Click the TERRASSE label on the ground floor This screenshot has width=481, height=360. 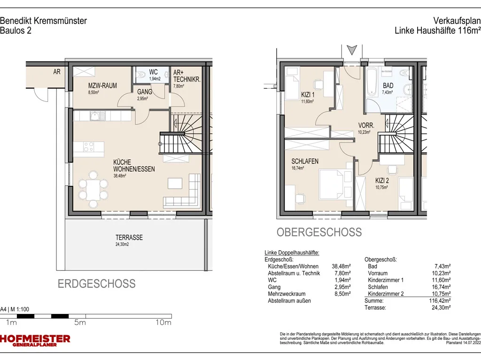click(129, 237)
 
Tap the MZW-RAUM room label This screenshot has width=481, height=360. click(102, 85)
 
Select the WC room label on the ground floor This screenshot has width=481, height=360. click(154, 72)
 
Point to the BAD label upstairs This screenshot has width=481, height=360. click(388, 85)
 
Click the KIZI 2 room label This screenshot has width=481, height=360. click(382, 181)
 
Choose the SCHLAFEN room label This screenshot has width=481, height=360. click(304, 161)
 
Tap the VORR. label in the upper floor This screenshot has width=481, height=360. click(366, 125)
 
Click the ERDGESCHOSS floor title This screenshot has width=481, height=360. click(97, 283)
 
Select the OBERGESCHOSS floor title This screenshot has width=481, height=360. click(319, 232)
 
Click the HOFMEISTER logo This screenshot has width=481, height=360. click(35, 340)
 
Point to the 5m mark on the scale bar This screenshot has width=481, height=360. click(80, 322)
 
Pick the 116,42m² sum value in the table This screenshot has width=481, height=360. click(440, 301)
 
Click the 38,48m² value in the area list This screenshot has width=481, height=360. click(341, 267)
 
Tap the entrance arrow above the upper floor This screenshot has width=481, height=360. click(352, 50)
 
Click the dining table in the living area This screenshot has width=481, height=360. click(93, 190)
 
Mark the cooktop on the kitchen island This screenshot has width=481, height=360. click(89, 146)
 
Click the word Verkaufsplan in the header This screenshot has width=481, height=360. click(457, 21)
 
